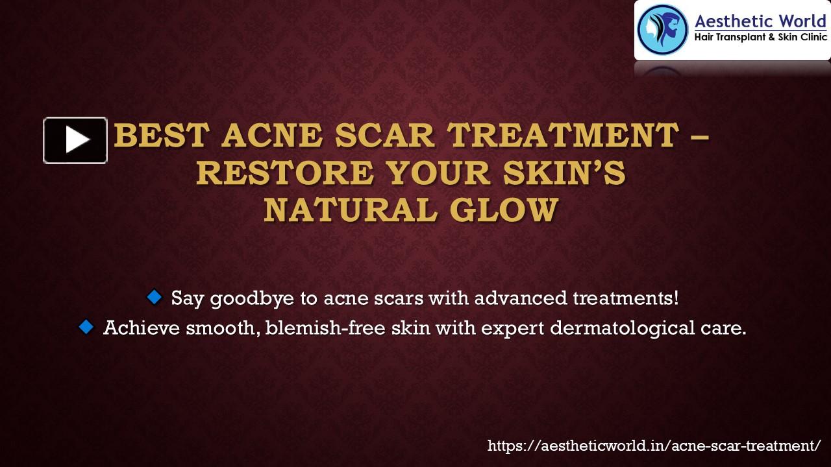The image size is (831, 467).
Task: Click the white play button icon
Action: pyautogui.click(x=75, y=140)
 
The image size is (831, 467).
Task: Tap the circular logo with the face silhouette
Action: pyautogui.click(x=662, y=30)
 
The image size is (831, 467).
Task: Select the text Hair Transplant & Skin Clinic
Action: pyautogui.click(x=761, y=38)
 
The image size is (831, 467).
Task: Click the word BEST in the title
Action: pyautogui.click(x=162, y=136)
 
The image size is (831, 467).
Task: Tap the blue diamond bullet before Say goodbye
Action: pyautogui.click(x=154, y=298)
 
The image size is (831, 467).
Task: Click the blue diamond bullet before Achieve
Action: pyautogui.click(x=86, y=327)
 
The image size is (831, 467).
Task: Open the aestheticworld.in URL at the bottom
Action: pyautogui.click(x=654, y=446)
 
